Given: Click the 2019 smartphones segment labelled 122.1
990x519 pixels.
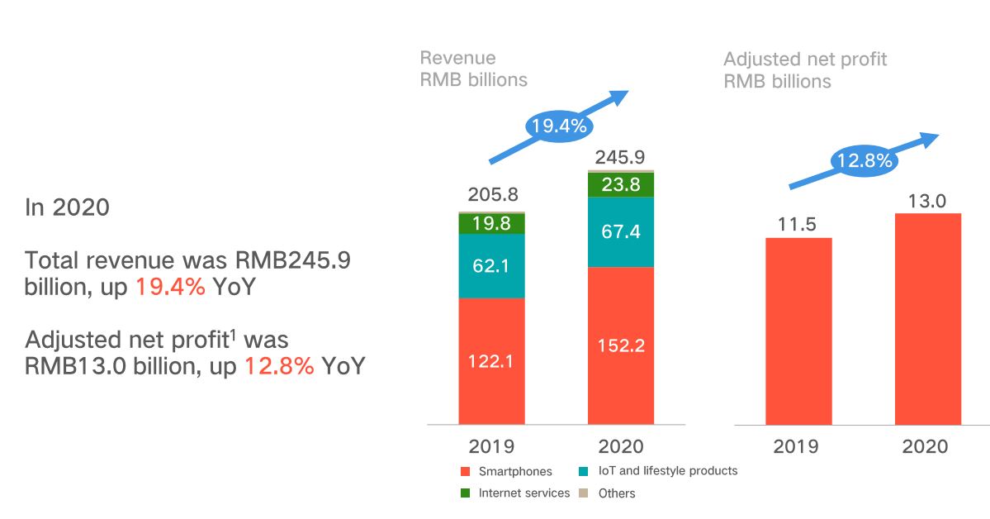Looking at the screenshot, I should click(x=491, y=360).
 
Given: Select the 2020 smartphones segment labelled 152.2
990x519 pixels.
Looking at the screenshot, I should click(x=620, y=345).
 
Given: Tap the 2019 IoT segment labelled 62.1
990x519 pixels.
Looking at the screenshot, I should click(x=491, y=266).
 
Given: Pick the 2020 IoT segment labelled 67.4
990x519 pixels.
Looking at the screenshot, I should click(x=620, y=231).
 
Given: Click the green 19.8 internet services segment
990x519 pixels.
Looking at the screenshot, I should click(x=491, y=223).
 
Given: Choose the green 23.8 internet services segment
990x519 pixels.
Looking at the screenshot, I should click(x=620, y=185).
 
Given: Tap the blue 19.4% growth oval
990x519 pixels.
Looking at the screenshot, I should click(x=559, y=126).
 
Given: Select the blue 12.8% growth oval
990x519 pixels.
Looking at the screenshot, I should click(x=864, y=161).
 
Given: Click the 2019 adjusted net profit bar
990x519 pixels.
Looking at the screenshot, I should click(x=798, y=331).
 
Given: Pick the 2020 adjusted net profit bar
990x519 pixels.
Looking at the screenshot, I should click(x=927, y=319).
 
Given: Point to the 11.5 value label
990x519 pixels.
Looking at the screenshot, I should click(x=798, y=223).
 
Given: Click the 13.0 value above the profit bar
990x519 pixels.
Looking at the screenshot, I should click(x=927, y=199).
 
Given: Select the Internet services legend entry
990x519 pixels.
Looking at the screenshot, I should click(x=515, y=493).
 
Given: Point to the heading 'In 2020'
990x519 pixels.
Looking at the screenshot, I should click(x=67, y=207).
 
